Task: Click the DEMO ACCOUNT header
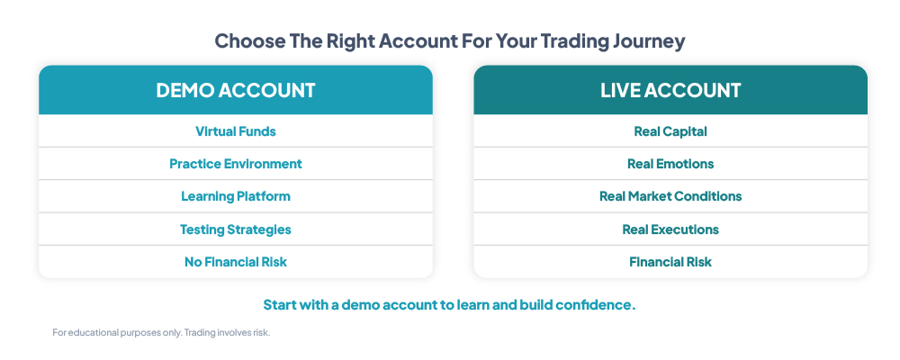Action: (235, 90)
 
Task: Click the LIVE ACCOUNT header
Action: (670, 90)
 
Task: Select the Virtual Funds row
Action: (235, 131)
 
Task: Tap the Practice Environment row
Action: (235, 164)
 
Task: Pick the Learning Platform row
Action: (235, 196)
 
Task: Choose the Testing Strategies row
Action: (235, 229)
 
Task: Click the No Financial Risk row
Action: (235, 263)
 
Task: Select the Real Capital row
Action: (670, 131)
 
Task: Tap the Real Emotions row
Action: (670, 164)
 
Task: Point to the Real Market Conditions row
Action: (670, 196)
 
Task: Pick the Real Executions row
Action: (670, 229)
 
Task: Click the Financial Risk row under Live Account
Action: (670, 263)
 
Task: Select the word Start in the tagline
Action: (280, 305)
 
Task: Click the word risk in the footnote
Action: (261, 332)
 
